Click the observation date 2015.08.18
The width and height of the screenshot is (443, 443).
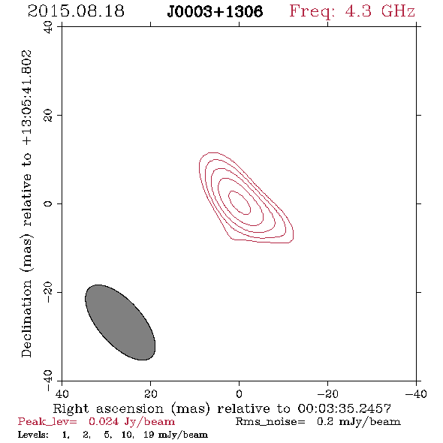(x=76, y=11)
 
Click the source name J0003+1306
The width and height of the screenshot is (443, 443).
(x=215, y=11)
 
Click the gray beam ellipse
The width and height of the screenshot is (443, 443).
(x=120, y=322)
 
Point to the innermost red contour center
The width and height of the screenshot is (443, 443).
(x=240, y=202)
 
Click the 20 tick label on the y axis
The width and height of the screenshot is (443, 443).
(x=48, y=116)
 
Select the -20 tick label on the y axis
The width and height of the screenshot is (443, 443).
(x=48, y=292)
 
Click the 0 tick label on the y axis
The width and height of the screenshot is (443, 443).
(x=48, y=203)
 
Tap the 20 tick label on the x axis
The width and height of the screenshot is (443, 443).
(x=151, y=393)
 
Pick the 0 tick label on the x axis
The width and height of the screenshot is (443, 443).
(x=239, y=393)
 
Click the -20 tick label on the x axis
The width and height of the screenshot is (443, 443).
(x=327, y=393)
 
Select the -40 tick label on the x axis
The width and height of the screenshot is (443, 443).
(x=416, y=393)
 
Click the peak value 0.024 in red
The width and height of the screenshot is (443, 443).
(x=104, y=421)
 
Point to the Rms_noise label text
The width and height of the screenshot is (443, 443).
(x=270, y=422)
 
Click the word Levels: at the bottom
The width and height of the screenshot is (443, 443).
(x=33, y=435)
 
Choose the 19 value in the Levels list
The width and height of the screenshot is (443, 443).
(x=149, y=435)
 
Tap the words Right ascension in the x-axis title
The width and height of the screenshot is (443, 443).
(x=108, y=408)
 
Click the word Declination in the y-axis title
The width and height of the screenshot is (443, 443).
(x=26, y=318)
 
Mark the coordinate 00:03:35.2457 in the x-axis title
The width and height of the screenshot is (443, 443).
(x=345, y=408)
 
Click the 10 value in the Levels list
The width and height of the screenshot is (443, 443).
(x=127, y=435)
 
